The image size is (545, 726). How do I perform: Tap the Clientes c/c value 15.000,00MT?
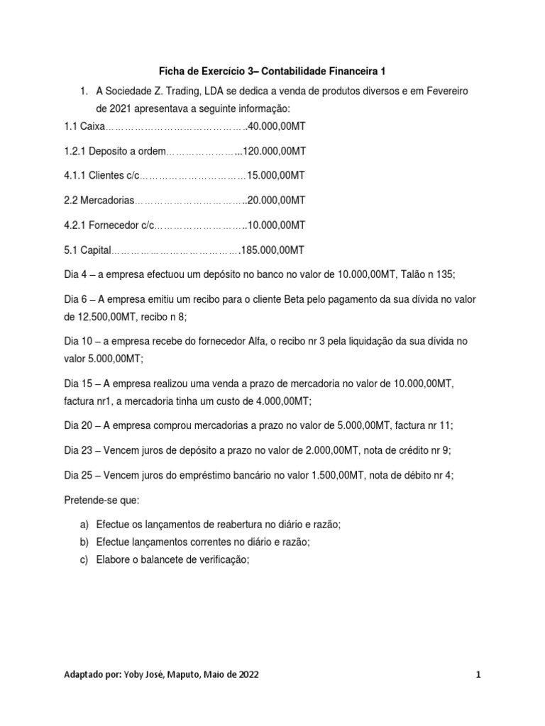tap(276, 175)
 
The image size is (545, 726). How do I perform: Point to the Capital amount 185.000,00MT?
tap(272, 250)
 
